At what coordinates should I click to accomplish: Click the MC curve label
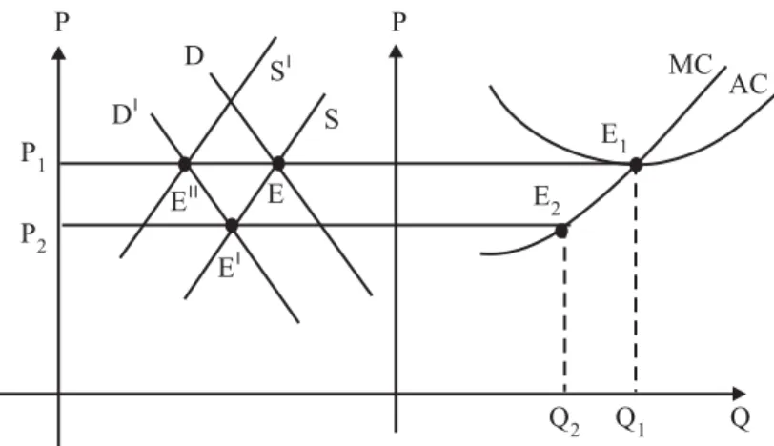click(x=690, y=65)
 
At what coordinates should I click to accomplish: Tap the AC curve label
click(x=748, y=85)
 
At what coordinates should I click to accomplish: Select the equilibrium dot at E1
click(x=636, y=165)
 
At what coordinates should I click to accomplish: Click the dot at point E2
click(x=561, y=231)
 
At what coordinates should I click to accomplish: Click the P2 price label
click(x=33, y=237)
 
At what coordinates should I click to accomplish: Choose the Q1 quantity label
click(x=629, y=421)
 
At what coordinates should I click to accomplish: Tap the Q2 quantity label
click(x=563, y=421)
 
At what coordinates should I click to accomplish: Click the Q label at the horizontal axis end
click(x=741, y=418)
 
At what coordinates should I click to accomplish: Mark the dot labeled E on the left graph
click(x=278, y=163)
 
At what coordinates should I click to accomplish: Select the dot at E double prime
click(x=185, y=164)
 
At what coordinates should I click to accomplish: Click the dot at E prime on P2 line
click(x=232, y=226)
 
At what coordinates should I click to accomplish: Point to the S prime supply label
click(x=280, y=70)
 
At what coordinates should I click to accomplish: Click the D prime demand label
click(x=125, y=113)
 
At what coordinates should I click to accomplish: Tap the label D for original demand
click(x=194, y=55)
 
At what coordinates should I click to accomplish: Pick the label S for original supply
click(x=332, y=119)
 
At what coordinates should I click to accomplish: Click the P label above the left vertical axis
click(x=62, y=22)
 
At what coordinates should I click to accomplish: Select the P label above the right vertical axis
click(x=398, y=22)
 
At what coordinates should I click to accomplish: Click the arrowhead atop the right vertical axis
click(x=396, y=51)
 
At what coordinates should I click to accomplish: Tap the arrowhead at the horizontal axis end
click(x=740, y=394)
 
